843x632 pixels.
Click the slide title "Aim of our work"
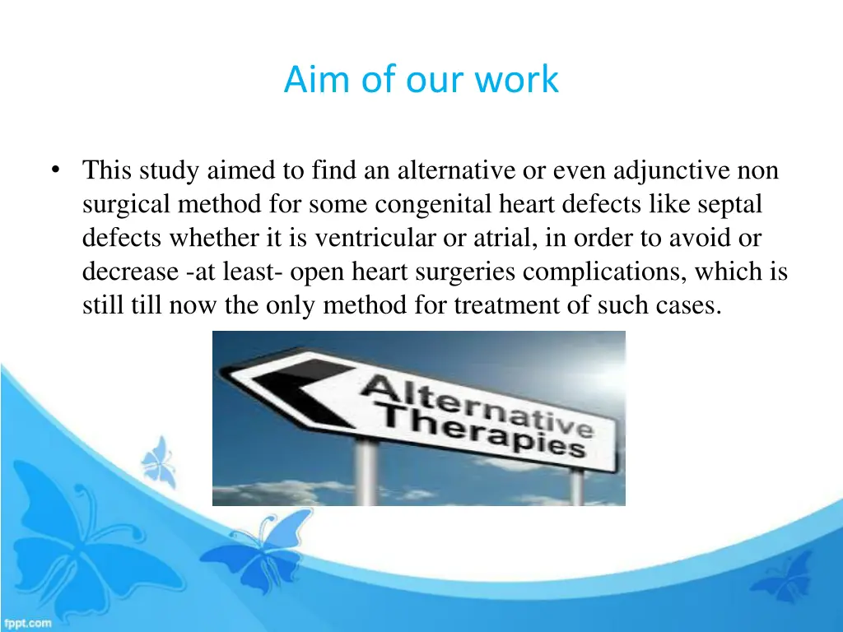tap(421, 80)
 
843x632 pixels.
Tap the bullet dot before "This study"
tap(54, 170)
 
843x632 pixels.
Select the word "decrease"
tap(130, 272)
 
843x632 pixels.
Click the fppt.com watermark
tap(27, 623)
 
